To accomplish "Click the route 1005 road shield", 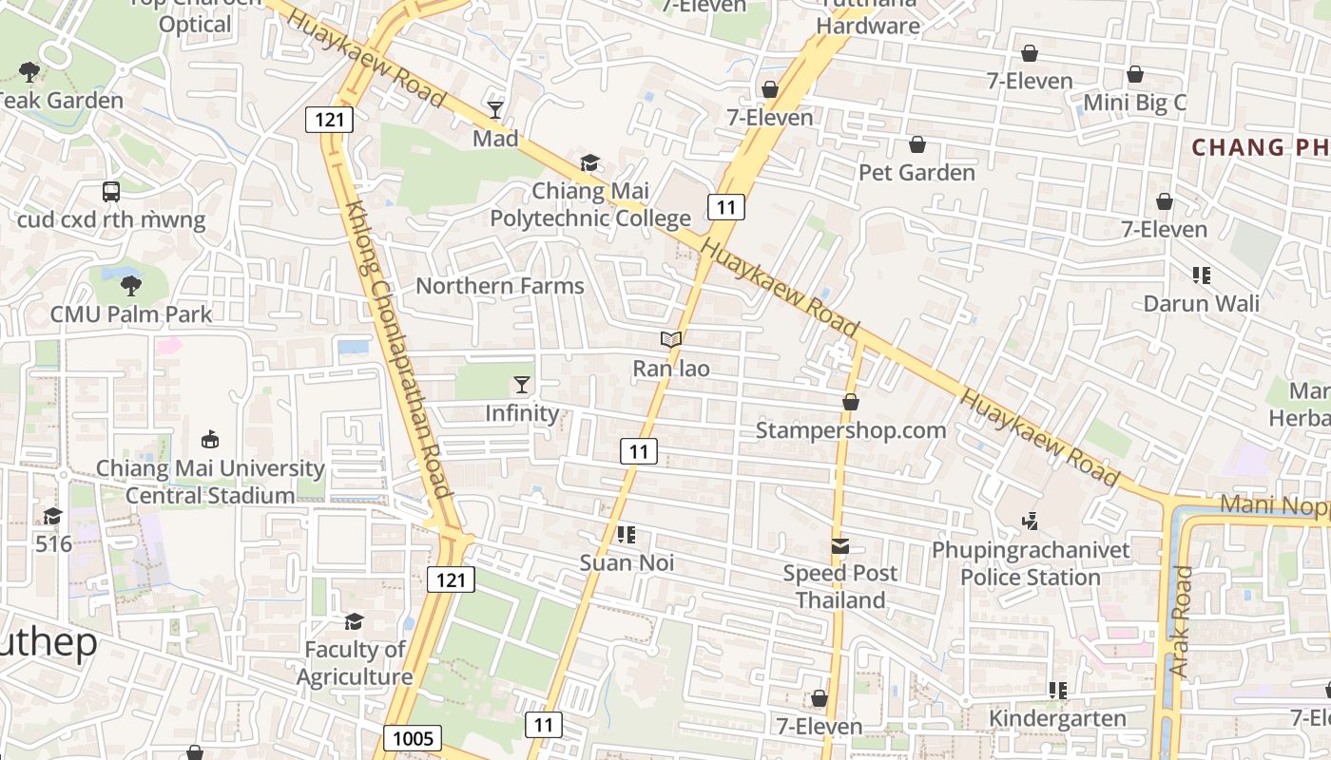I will tap(413, 738).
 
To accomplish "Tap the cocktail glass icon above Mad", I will tap(495, 109).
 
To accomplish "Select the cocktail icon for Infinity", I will tap(522, 384).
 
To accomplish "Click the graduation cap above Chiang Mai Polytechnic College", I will tap(590, 162).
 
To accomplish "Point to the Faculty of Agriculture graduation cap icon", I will tap(354, 621).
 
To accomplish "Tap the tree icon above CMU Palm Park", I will tap(130, 284).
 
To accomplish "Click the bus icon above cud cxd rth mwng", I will tap(111, 191).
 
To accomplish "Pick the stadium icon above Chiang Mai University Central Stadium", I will tap(210, 439).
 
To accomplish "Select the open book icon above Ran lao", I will tap(671, 339).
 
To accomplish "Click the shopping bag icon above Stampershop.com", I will tap(851, 402).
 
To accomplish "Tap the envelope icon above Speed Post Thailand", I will tap(840, 545).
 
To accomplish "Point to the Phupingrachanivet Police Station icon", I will tap(1030, 521).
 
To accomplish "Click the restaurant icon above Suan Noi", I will tap(627, 534).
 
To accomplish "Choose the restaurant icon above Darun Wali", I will tap(1202, 275).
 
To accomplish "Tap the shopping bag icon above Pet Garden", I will tap(917, 144).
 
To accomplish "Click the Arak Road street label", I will tap(1180, 621).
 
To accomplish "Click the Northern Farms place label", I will tap(500, 286).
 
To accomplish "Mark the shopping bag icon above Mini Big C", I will tap(1135, 74).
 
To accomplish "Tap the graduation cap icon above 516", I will tap(53, 516).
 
